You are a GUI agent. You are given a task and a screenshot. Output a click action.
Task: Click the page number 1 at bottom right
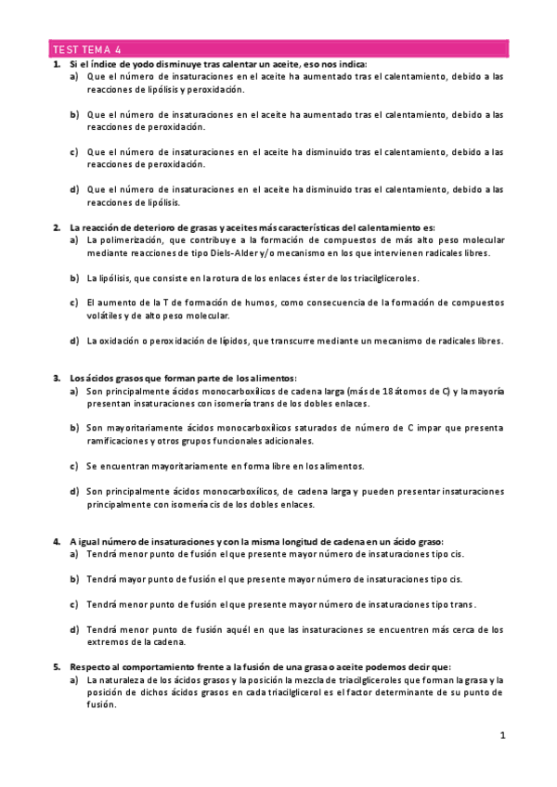(502, 736)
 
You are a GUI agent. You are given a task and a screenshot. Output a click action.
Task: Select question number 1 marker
(56, 64)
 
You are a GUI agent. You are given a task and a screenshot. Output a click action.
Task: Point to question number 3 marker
(56, 379)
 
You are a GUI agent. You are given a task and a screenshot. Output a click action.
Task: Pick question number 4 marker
(56, 541)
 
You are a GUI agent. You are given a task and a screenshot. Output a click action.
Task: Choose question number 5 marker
(56, 666)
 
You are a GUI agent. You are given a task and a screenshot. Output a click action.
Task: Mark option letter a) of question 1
(74, 77)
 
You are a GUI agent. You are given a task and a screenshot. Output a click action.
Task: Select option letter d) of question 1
(74, 189)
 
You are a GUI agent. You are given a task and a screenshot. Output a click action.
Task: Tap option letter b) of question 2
(74, 277)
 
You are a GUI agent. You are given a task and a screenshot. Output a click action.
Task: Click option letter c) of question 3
(74, 466)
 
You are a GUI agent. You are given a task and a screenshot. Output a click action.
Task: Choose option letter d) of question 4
(74, 629)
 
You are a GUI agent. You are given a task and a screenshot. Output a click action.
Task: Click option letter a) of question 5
(74, 679)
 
